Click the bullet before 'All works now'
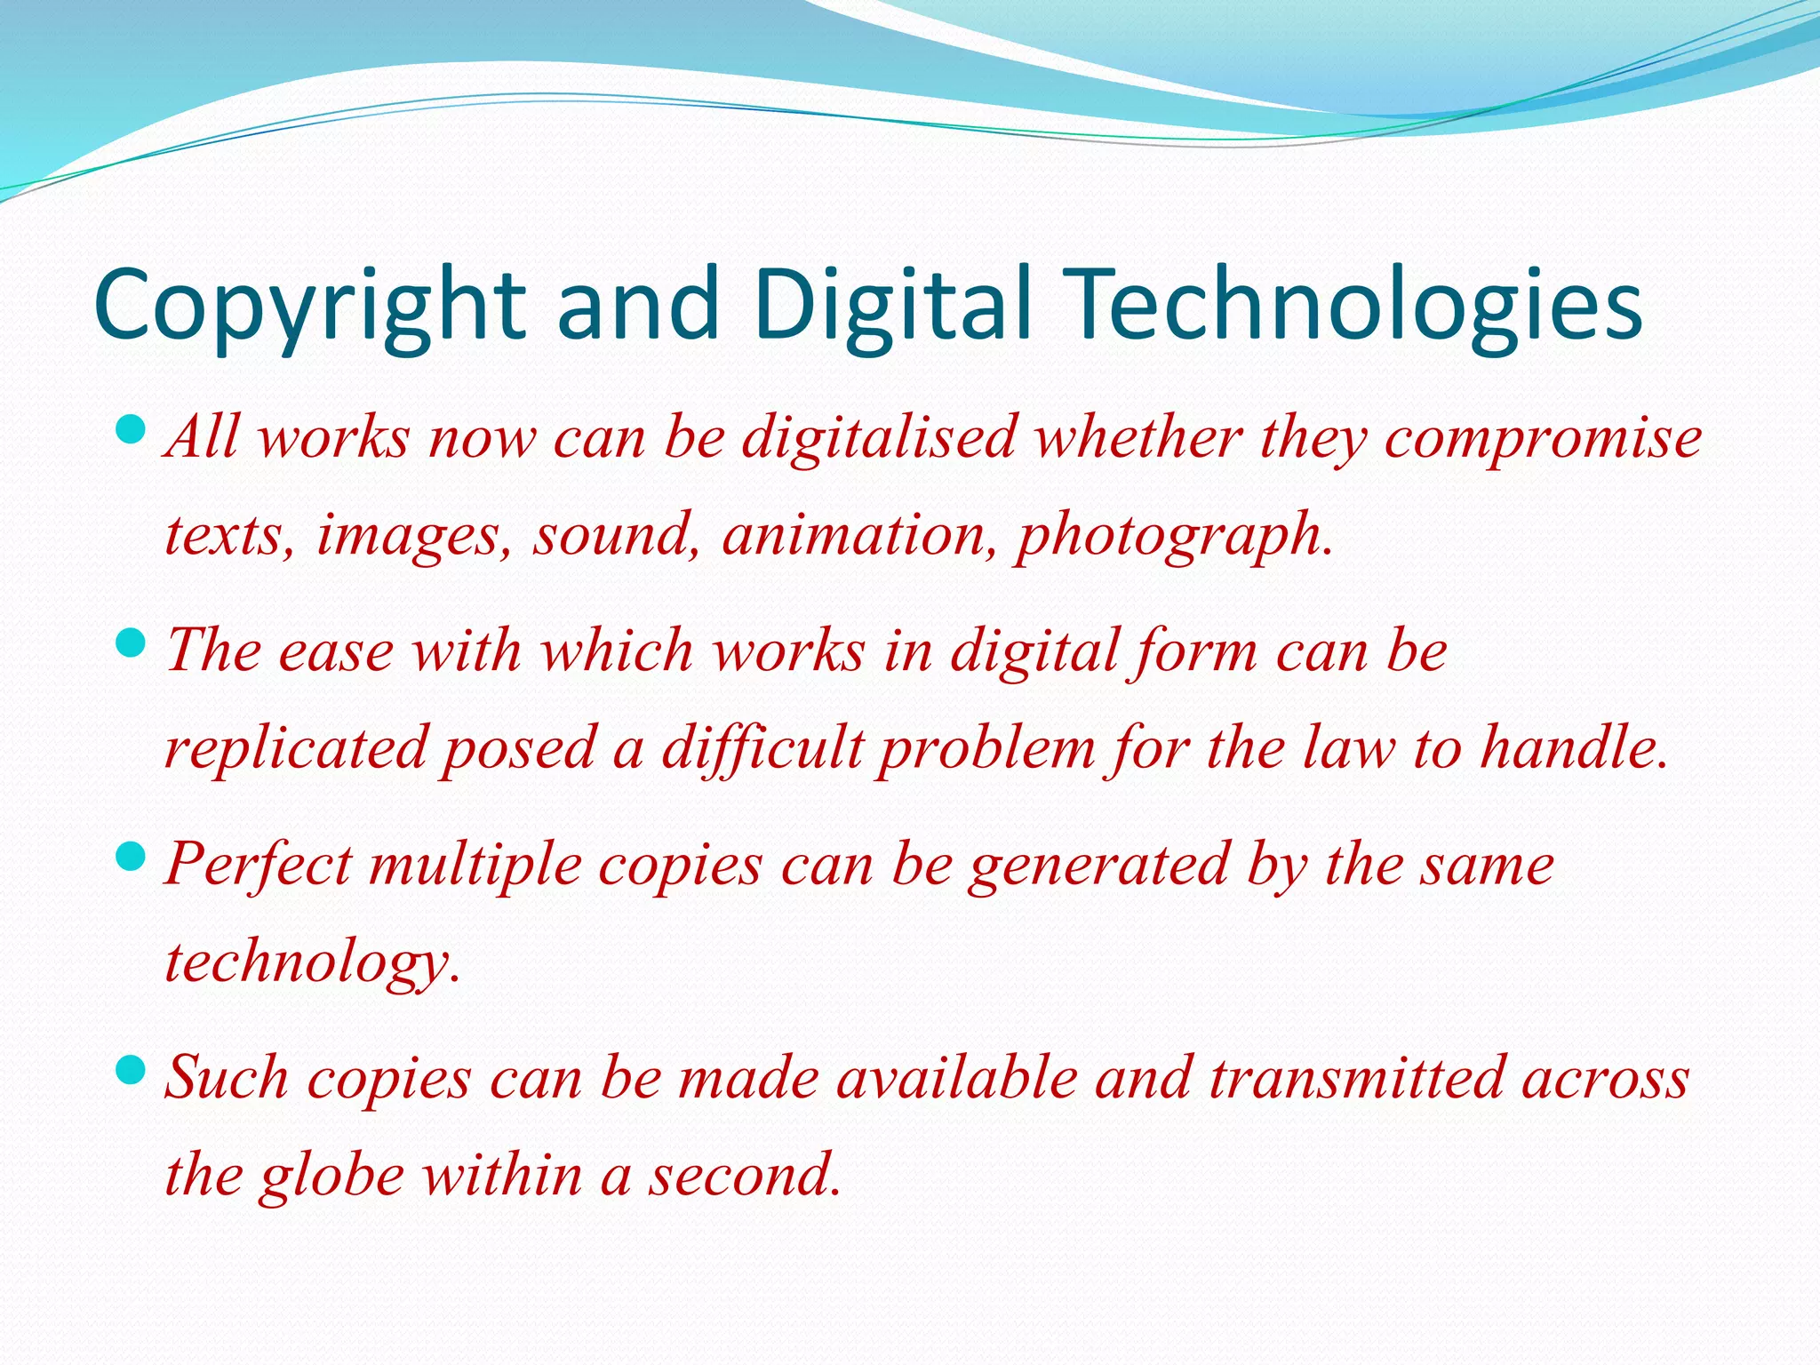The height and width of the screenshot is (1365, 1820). pyautogui.click(x=131, y=432)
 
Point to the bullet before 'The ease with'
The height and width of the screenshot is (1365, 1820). pyautogui.click(x=131, y=643)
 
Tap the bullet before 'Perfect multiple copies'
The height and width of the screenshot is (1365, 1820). pyautogui.click(x=131, y=858)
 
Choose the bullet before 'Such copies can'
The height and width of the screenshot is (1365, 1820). pyautogui.click(x=131, y=1070)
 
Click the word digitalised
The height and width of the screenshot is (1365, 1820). pyautogui.click(x=879, y=437)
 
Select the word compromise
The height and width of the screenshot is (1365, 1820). pyautogui.click(x=1543, y=439)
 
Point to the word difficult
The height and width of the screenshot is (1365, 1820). pyautogui.click(x=762, y=748)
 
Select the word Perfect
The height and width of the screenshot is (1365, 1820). pyautogui.click(x=259, y=864)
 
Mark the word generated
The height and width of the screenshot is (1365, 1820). pyautogui.click(x=1098, y=866)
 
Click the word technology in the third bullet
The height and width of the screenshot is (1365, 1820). pyautogui.click(x=311, y=963)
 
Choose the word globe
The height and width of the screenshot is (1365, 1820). pyautogui.click(x=332, y=1175)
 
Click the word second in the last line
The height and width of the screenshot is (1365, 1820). pyautogui.click(x=744, y=1175)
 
